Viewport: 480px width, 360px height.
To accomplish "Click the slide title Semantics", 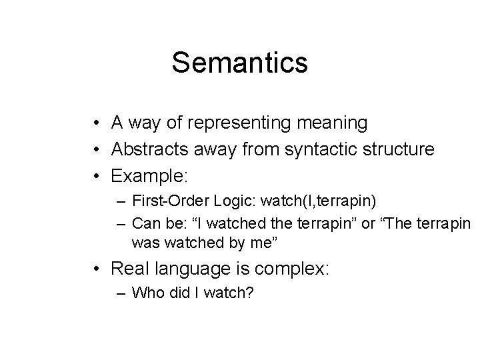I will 239,63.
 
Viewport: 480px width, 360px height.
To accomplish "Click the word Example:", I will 150,177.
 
